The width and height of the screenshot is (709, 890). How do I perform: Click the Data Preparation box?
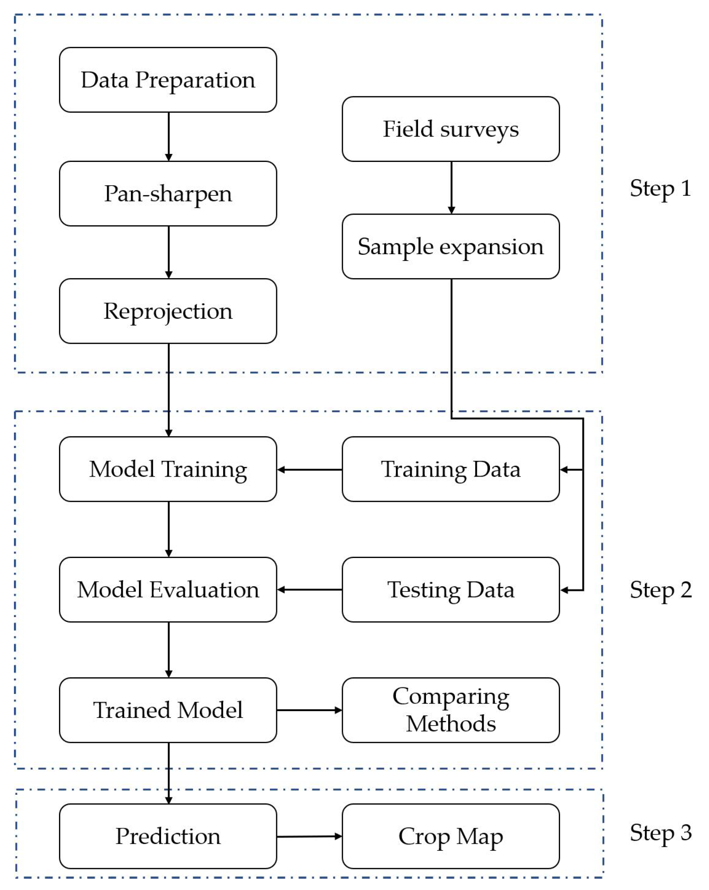(x=168, y=80)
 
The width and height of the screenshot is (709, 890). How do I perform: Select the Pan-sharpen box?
(x=168, y=194)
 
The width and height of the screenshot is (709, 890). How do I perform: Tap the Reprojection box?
(x=168, y=311)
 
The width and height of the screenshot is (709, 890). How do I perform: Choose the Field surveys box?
(x=451, y=129)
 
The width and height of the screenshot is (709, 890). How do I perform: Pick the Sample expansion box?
(x=451, y=247)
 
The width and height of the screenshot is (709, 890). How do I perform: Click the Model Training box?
(x=168, y=469)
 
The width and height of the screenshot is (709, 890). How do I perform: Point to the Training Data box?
(x=451, y=469)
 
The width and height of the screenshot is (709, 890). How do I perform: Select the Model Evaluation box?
(x=168, y=590)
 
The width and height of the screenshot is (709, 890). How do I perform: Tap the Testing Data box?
(x=451, y=590)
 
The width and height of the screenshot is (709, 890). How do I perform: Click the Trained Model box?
(x=168, y=710)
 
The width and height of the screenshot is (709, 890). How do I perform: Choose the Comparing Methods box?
(x=451, y=710)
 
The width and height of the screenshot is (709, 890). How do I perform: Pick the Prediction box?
(x=168, y=836)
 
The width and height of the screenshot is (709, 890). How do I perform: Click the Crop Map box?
(x=451, y=836)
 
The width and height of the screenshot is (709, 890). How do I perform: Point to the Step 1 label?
(x=660, y=189)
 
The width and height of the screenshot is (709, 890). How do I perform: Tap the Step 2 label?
(x=660, y=590)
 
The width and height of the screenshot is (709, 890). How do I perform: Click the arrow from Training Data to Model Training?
(x=309, y=469)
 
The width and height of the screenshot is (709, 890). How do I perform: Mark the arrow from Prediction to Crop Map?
(x=309, y=836)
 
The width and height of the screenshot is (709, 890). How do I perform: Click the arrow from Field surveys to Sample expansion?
(x=451, y=187)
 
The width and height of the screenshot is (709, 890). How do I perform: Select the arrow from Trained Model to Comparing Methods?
(x=309, y=710)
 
